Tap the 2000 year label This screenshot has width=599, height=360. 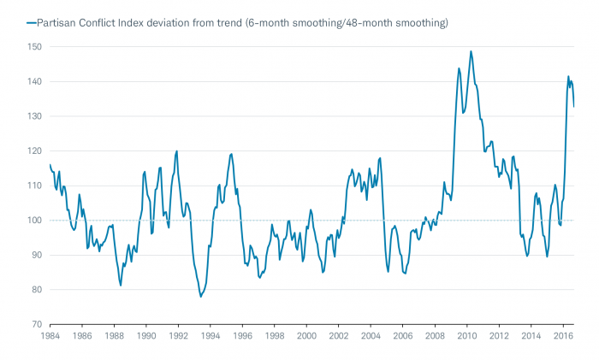306,337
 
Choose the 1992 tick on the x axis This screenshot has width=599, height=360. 178,337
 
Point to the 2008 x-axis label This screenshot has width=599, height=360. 435,337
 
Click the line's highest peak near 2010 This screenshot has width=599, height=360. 471,50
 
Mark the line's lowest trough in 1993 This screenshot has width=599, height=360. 201,297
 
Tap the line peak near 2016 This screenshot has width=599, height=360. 568,76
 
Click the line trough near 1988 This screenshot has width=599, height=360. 121,285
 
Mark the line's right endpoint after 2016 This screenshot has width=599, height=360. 574,106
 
